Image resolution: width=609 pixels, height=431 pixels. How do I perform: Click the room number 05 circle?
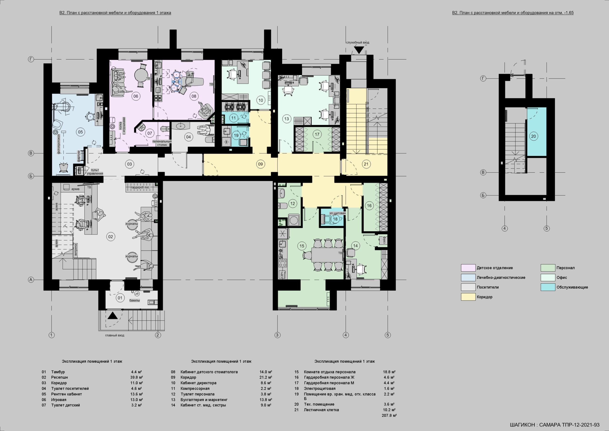[x=80, y=132]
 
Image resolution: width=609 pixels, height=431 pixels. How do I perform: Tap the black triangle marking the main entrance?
[x=113, y=316]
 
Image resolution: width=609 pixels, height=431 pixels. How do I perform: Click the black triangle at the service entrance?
[x=359, y=50]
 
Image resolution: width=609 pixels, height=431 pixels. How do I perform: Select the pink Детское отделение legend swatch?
[x=468, y=268]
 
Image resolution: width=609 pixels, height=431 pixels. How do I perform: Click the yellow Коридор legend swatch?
[x=468, y=297]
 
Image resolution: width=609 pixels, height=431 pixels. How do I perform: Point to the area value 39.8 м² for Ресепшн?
[x=137, y=377]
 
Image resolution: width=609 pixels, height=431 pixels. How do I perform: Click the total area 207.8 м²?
[x=389, y=415]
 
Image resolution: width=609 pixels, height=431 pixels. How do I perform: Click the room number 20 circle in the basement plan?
[x=533, y=136]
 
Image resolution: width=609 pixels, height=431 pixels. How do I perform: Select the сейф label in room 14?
[x=384, y=240]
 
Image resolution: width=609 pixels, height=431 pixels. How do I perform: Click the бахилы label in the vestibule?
[x=134, y=301]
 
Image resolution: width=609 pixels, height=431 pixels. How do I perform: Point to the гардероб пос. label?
[x=141, y=187]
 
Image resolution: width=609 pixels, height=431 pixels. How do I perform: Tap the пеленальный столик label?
[x=162, y=143]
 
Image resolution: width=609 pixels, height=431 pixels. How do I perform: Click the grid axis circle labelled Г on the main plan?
[x=31, y=60]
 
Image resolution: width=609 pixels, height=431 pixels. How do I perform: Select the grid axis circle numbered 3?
[x=277, y=335]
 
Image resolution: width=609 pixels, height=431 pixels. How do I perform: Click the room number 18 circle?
[x=335, y=219]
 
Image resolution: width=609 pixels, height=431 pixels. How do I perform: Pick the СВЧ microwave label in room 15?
[x=282, y=274]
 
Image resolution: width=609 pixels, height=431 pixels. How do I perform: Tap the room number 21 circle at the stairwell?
[x=366, y=164]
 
